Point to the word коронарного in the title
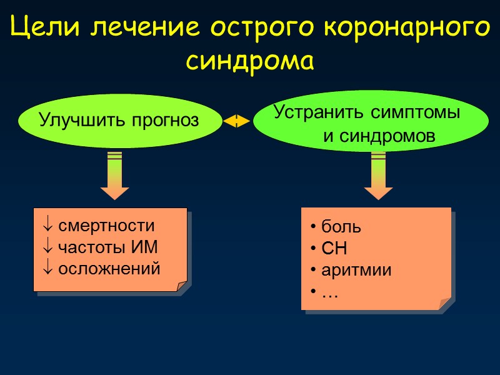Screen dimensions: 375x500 407,29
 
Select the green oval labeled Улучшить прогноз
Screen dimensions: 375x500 119,119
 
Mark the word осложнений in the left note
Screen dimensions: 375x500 109,268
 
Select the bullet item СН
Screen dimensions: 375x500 334,249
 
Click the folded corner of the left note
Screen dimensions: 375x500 182,286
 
